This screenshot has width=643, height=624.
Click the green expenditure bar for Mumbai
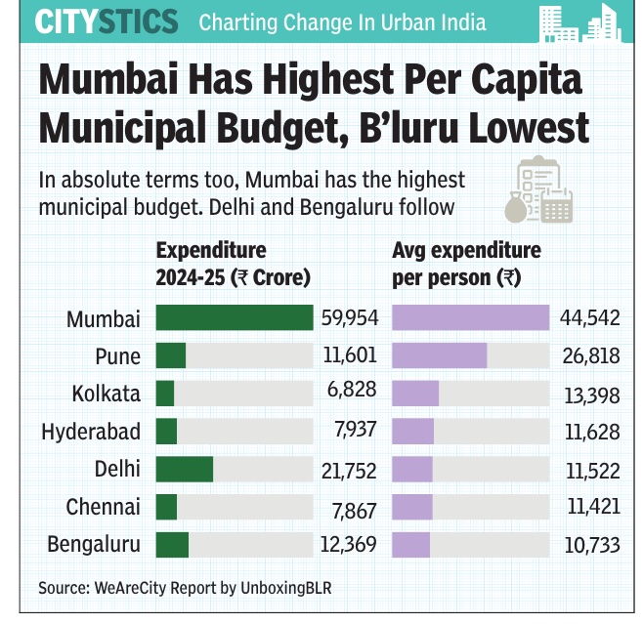[x=235, y=318]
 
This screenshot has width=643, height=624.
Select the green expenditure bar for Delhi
[x=185, y=470]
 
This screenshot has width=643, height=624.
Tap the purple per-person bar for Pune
[x=439, y=356]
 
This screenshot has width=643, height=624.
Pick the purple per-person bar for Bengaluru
[x=410, y=545]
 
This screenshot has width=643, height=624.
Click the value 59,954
[x=349, y=318]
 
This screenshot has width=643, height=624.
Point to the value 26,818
[x=590, y=356]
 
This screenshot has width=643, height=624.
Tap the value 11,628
[x=590, y=432]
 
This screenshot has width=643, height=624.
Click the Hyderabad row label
[x=91, y=432]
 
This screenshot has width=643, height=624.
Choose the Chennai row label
[x=104, y=508]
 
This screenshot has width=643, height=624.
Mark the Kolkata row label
[x=107, y=394]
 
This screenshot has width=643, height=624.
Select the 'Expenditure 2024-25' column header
[x=233, y=264]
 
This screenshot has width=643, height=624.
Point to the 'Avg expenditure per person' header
[x=466, y=264]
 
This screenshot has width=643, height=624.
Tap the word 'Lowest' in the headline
[x=520, y=127]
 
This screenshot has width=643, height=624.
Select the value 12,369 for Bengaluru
[x=349, y=545]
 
